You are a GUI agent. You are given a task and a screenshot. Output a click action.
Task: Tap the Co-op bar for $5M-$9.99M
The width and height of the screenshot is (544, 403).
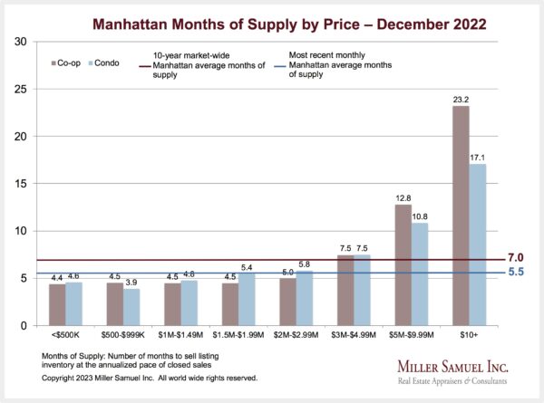[x=403, y=264]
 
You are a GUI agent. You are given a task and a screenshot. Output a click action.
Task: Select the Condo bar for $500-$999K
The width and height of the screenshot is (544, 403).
[x=131, y=307]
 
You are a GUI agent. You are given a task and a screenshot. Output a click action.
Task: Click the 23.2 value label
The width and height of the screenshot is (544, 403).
[x=461, y=99]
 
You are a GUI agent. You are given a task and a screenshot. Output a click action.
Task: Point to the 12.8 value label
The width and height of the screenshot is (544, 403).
[x=403, y=197]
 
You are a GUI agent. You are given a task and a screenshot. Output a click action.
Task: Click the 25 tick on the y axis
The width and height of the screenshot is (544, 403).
[x=21, y=89]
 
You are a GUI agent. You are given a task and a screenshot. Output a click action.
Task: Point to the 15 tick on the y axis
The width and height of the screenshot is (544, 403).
[x=21, y=184]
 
